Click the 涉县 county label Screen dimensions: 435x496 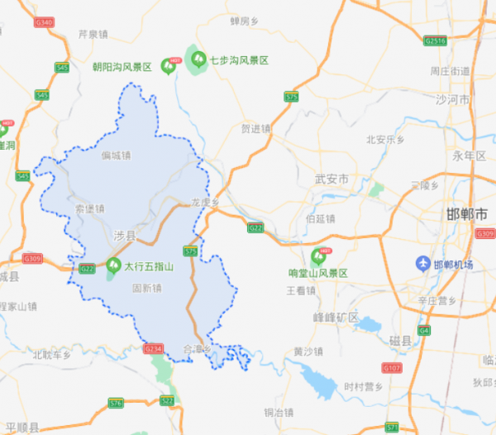tap(124, 237)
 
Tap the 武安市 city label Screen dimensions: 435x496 tap(332, 179)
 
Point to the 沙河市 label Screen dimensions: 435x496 tap(452, 99)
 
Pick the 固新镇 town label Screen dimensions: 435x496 tap(146, 289)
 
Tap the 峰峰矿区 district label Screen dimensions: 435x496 tap(336, 317)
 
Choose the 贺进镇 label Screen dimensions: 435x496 tap(255, 129)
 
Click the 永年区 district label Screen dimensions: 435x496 tap(470, 155)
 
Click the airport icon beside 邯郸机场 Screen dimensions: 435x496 tap(422, 264)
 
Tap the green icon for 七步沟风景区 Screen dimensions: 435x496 tap(198, 59)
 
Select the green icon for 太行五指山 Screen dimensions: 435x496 tap(112, 266)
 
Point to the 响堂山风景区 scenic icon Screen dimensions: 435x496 tap(317, 258)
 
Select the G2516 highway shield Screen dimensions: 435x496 tap(434, 40)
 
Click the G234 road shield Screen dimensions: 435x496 tap(154, 349)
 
